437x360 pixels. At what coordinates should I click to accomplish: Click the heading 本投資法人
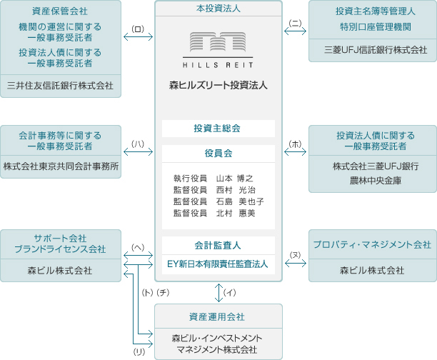click(218, 9)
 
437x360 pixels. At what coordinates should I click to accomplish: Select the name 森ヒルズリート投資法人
click(218, 85)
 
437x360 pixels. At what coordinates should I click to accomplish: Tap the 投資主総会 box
click(218, 129)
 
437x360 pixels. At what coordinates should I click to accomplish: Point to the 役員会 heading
click(218, 153)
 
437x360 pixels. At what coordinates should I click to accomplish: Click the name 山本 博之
click(235, 178)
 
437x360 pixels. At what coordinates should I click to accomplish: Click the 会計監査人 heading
click(218, 245)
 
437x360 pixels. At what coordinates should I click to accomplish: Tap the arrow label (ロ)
click(139, 29)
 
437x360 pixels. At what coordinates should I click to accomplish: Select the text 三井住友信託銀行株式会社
click(60, 86)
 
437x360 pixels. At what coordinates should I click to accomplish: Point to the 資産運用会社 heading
click(218, 316)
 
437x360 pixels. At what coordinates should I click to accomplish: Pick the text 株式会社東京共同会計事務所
click(61, 166)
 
